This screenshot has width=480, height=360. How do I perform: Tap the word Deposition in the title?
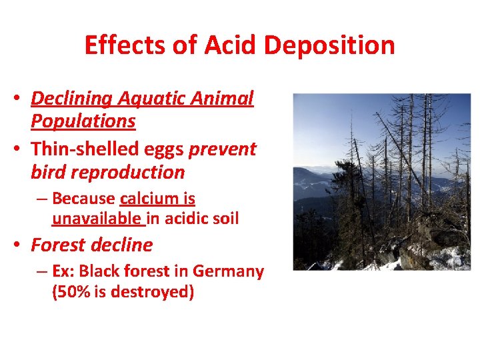330,45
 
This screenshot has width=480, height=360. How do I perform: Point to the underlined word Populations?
83,121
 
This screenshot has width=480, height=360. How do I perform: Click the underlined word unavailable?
97,218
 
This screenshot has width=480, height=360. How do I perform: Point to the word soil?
223,218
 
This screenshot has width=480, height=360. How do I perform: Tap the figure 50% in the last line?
73,292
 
